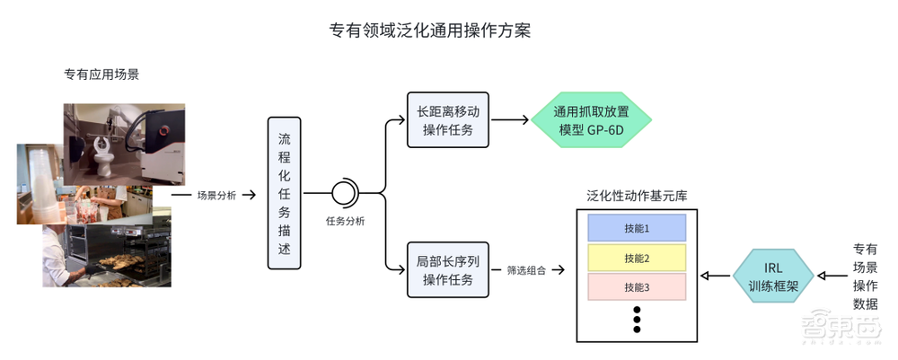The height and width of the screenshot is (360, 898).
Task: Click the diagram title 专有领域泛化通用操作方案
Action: tap(430, 31)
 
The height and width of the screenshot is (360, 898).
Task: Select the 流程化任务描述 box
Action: tap(284, 193)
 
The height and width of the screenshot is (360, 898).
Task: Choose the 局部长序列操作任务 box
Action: tap(446, 269)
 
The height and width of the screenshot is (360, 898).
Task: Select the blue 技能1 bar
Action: tap(636, 228)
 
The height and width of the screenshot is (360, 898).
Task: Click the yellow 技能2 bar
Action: tap(636, 259)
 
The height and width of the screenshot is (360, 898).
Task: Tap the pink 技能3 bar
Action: tap(636, 288)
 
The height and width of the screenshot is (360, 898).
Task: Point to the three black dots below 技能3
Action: tap(636, 319)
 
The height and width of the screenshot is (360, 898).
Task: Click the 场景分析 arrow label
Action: tap(216, 194)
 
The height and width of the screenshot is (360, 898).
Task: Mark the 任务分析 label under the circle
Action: tap(345, 221)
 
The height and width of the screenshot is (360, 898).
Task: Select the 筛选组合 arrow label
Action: tap(526, 269)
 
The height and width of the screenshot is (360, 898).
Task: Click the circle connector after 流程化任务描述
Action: tap(344, 193)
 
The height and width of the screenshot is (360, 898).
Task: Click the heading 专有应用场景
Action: tap(101, 75)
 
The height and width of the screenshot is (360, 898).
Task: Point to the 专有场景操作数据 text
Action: tap(865, 276)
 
